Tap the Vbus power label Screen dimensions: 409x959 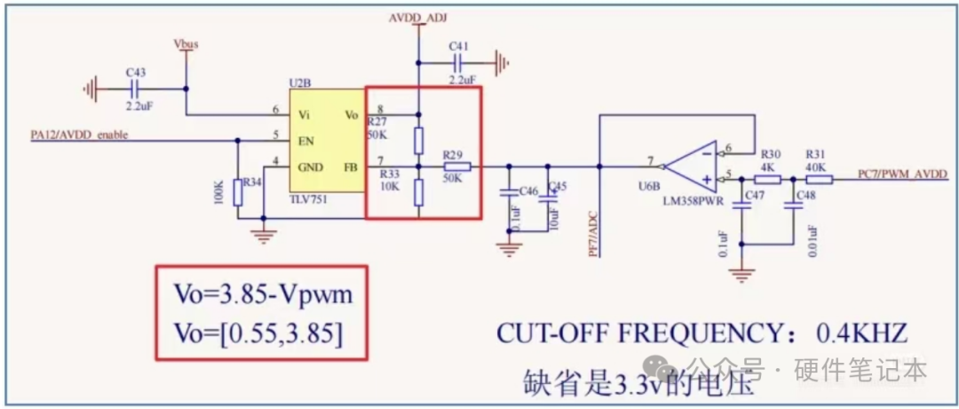coord(186,43)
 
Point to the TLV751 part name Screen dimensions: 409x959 coord(308,200)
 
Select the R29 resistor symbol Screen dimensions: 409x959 coord(456,166)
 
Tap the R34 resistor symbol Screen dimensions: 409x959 coord(238,191)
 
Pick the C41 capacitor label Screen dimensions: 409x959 coord(459,45)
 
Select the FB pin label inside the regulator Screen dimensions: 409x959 coord(349,165)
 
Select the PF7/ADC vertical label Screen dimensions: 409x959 coord(593,233)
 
